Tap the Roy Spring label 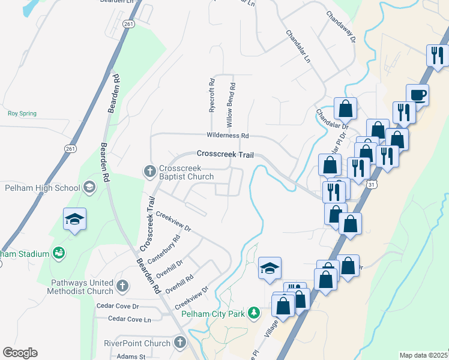(x=22, y=113)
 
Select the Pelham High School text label (x=42, y=188)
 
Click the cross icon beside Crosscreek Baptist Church (x=150, y=171)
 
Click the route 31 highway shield (x=373, y=185)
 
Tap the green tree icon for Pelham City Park (x=254, y=313)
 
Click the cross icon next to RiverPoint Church (x=179, y=343)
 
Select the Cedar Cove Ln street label (x=130, y=319)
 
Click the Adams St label (x=131, y=356)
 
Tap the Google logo (x=20, y=353)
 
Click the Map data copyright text (x=424, y=355)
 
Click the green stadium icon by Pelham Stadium (x=59, y=254)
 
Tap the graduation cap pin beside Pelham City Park (x=270, y=268)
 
